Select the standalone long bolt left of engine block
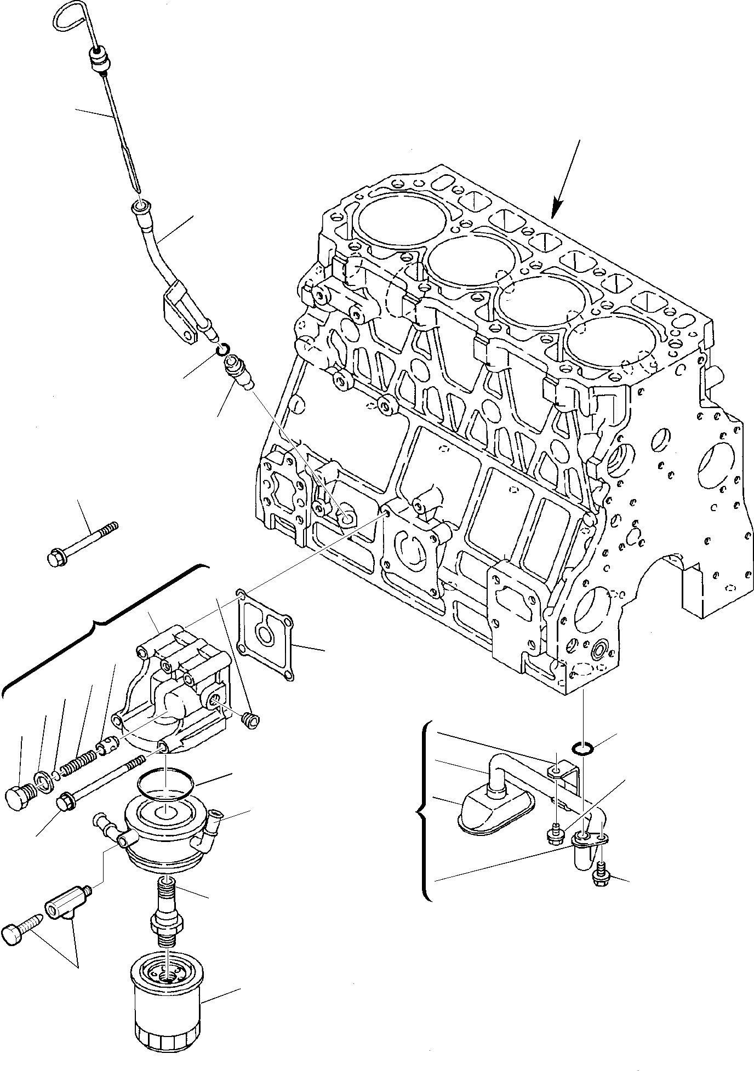pyautogui.click(x=82, y=545)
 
